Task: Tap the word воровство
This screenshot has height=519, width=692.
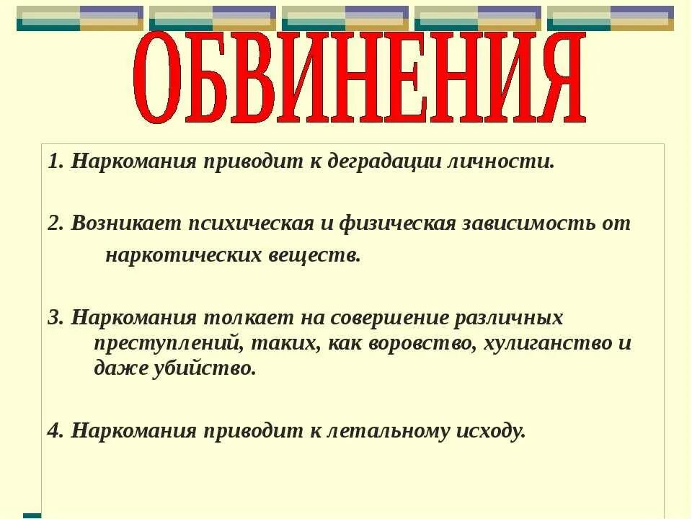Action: tap(422, 342)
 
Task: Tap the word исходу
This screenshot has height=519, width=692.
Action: tap(490, 431)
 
